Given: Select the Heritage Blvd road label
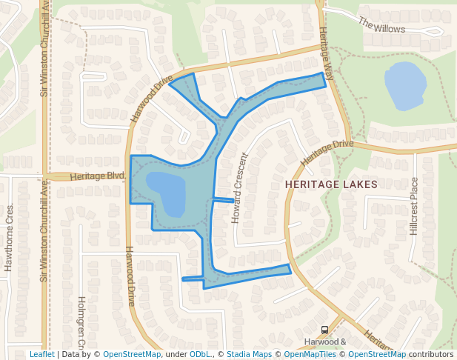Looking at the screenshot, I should (x=97, y=176).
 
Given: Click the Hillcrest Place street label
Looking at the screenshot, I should (x=414, y=206).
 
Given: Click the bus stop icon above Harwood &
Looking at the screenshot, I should (x=324, y=330).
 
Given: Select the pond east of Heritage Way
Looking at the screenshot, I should (x=403, y=85).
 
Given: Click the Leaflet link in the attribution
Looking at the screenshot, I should (x=41, y=355).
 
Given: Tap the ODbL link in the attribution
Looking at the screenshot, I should (x=200, y=355).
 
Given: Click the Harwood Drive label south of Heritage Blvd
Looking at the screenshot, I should (x=130, y=276).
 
